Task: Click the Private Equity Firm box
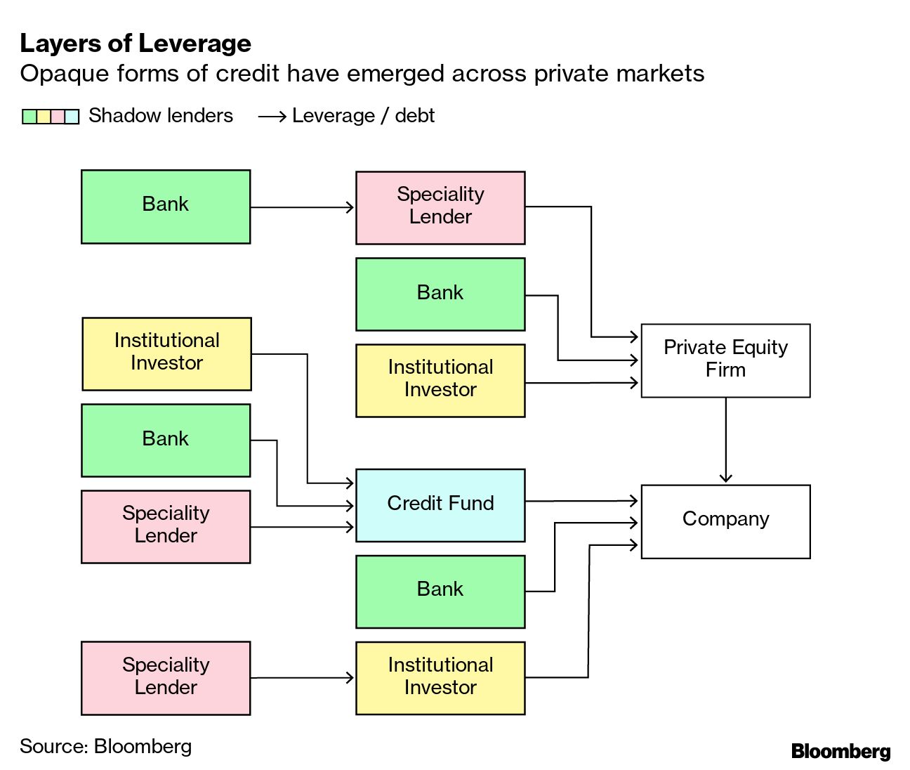click(x=725, y=360)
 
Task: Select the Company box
click(x=725, y=521)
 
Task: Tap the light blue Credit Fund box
click(x=440, y=505)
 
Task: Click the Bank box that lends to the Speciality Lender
click(x=166, y=207)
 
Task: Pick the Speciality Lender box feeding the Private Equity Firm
click(x=440, y=207)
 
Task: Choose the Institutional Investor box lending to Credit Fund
click(x=166, y=353)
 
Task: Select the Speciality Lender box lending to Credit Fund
click(x=166, y=526)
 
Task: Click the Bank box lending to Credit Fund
click(x=166, y=440)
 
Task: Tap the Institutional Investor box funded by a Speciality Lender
click(x=440, y=678)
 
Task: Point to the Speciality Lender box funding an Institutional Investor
click(x=166, y=678)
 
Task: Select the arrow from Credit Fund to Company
click(x=581, y=501)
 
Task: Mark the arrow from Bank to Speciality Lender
click(x=302, y=207)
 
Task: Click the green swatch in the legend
click(x=29, y=117)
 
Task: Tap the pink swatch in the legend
click(x=58, y=117)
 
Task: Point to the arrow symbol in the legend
click(x=272, y=117)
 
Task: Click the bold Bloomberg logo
click(x=840, y=751)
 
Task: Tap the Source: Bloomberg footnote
click(x=105, y=746)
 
